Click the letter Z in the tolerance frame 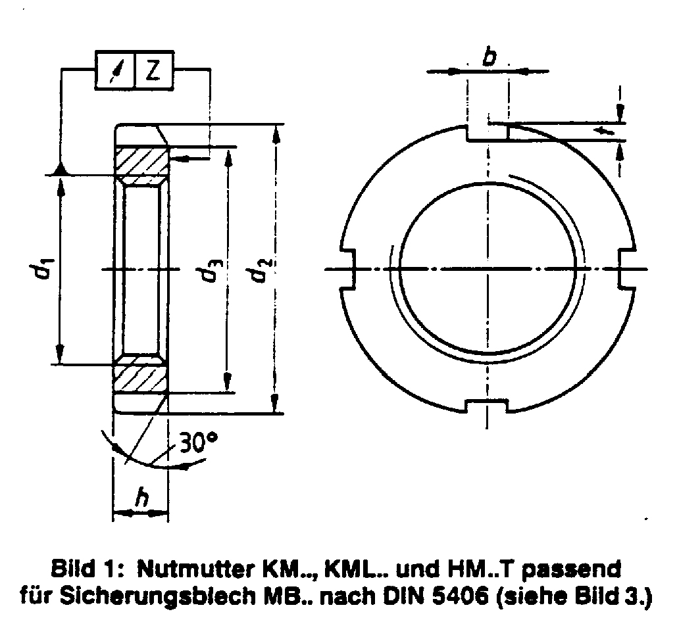[153, 71]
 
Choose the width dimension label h [141, 498]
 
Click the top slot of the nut [487, 131]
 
